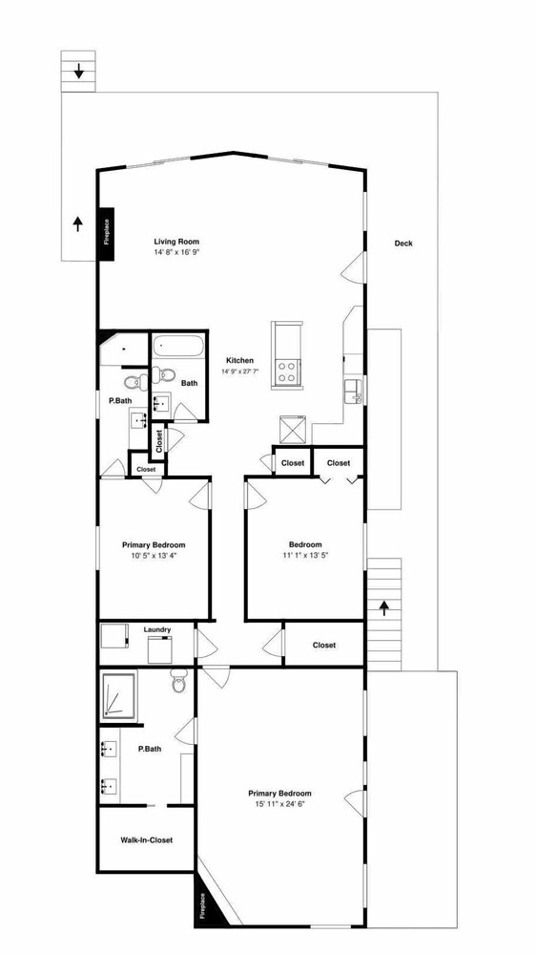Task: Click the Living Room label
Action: click(176, 242)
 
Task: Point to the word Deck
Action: click(403, 244)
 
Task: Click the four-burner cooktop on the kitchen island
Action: click(287, 371)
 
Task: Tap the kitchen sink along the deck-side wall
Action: click(353, 391)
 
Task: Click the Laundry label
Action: click(157, 629)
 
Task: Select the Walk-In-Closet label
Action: click(146, 839)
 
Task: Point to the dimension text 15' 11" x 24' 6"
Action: click(279, 803)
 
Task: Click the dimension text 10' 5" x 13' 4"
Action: click(154, 555)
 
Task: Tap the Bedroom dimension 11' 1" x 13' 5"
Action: click(305, 555)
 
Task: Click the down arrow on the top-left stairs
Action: click(78, 72)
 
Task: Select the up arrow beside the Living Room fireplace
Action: click(78, 224)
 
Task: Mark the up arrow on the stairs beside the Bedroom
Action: click(384, 608)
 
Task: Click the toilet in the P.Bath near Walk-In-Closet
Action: click(179, 682)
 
